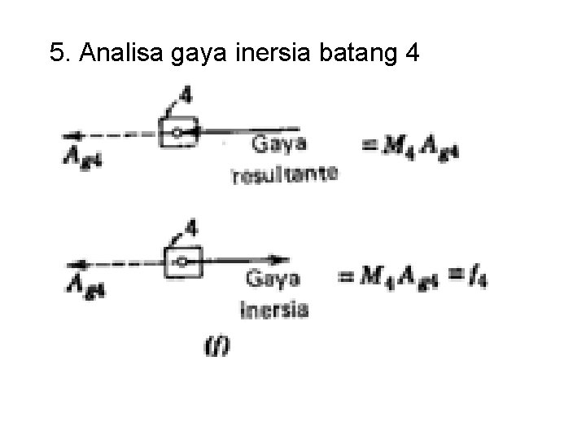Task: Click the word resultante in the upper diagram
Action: pos(284,174)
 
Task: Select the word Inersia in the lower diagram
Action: pos(275,309)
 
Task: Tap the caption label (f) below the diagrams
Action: pos(217,346)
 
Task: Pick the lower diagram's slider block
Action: pos(184,262)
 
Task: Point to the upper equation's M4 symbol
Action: pos(398,147)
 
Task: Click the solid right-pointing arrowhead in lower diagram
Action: pos(282,262)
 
